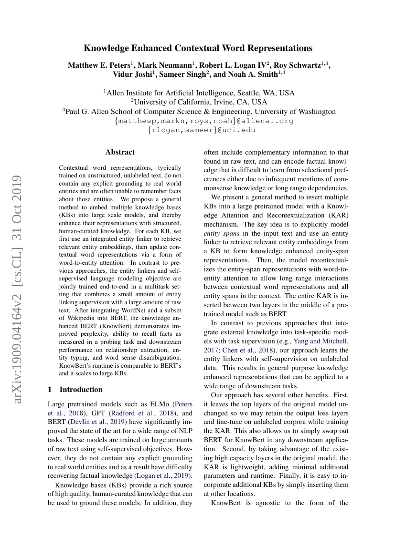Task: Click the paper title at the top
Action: (198, 48)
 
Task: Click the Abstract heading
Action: (120, 152)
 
